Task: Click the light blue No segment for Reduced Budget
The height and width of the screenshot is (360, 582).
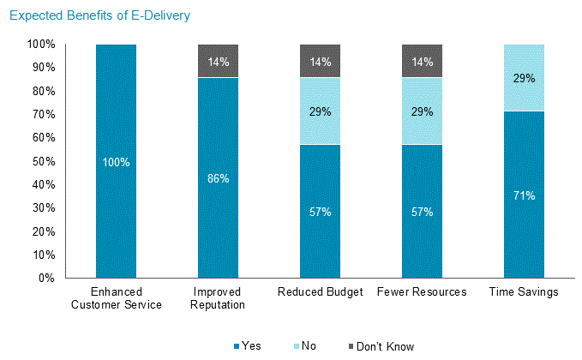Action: (x=320, y=111)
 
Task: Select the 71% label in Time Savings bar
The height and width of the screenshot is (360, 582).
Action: (x=524, y=195)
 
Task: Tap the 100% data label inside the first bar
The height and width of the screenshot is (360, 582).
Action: (x=116, y=162)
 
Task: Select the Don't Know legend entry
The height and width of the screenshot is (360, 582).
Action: (x=381, y=346)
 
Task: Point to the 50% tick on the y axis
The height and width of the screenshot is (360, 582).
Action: (x=43, y=161)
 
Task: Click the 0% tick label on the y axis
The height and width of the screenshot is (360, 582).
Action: (x=46, y=279)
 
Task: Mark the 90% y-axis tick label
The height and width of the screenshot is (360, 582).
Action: (x=43, y=68)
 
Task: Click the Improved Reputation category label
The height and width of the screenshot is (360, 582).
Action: (x=218, y=298)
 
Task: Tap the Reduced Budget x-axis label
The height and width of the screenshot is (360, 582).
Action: (x=320, y=292)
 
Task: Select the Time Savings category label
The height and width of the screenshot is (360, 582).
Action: (x=524, y=292)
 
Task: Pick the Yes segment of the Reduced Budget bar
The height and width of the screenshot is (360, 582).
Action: (x=320, y=223)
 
